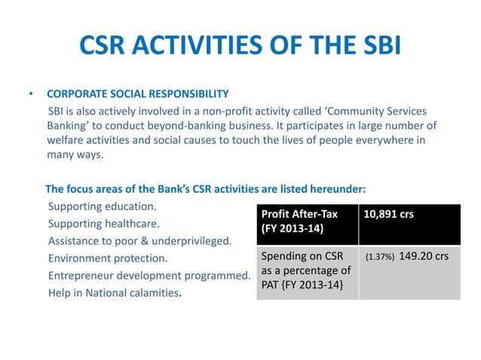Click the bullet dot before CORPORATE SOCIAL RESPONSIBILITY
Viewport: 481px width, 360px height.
click(31, 96)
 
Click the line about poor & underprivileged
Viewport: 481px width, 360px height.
click(139, 242)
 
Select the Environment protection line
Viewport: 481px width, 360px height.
click(108, 259)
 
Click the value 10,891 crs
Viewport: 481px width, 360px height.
click(388, 214)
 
